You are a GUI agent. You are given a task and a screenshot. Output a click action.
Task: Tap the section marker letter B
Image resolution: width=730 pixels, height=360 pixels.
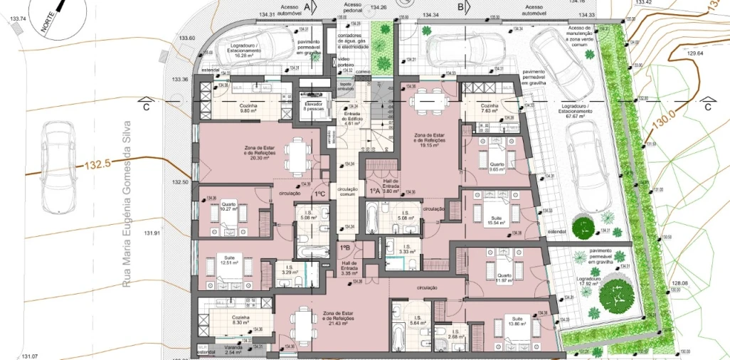[x=461, y=7]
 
